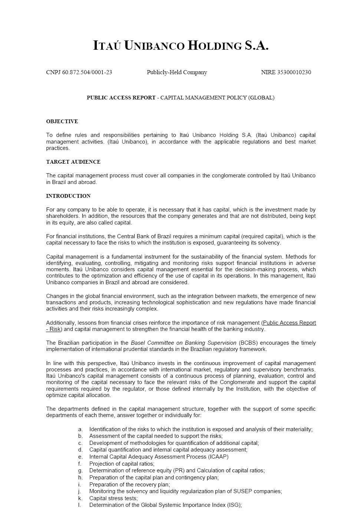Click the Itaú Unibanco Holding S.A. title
[181, 46]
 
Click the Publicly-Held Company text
[177, 72]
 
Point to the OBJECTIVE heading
[62, 121]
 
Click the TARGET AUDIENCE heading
[73, 162]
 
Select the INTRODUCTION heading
[68, 196]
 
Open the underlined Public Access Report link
[290, 323]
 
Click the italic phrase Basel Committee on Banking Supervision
[184, 343]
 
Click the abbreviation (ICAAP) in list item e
[217, 457]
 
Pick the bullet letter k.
[80, 498]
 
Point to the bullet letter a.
[80, 429]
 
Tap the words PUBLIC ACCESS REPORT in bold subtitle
[121, 98]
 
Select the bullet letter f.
[80, 464]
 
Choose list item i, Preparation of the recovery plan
[129, 485]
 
